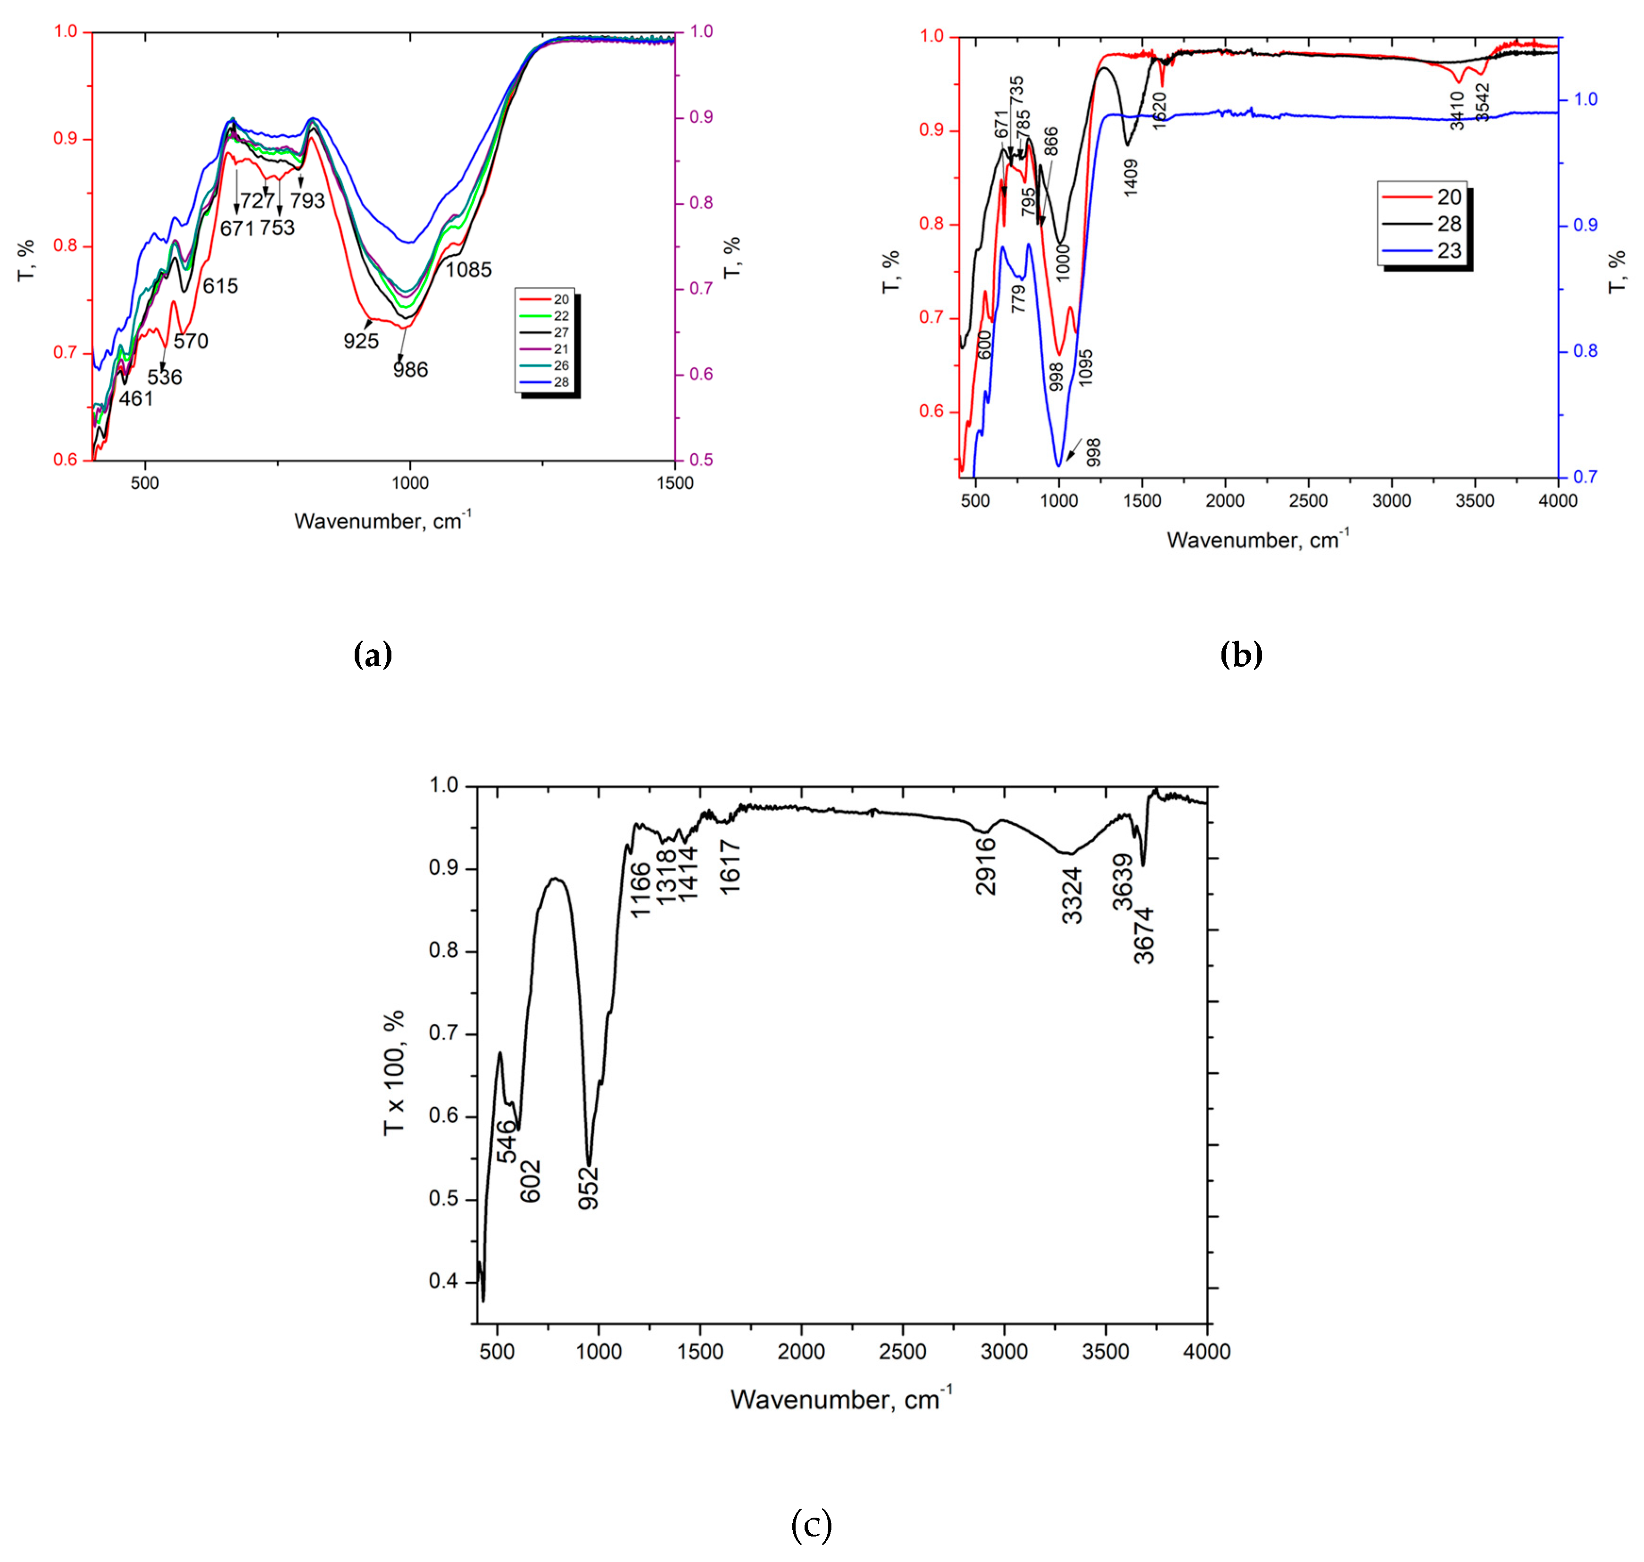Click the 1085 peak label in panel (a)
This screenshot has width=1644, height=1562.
(469, 270)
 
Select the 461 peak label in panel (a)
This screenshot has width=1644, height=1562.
(136, 399)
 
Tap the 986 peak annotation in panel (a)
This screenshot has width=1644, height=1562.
(410, 370)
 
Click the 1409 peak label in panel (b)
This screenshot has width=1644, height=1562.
(1130, 177)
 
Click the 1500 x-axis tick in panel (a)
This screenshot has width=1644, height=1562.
(673, 484)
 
